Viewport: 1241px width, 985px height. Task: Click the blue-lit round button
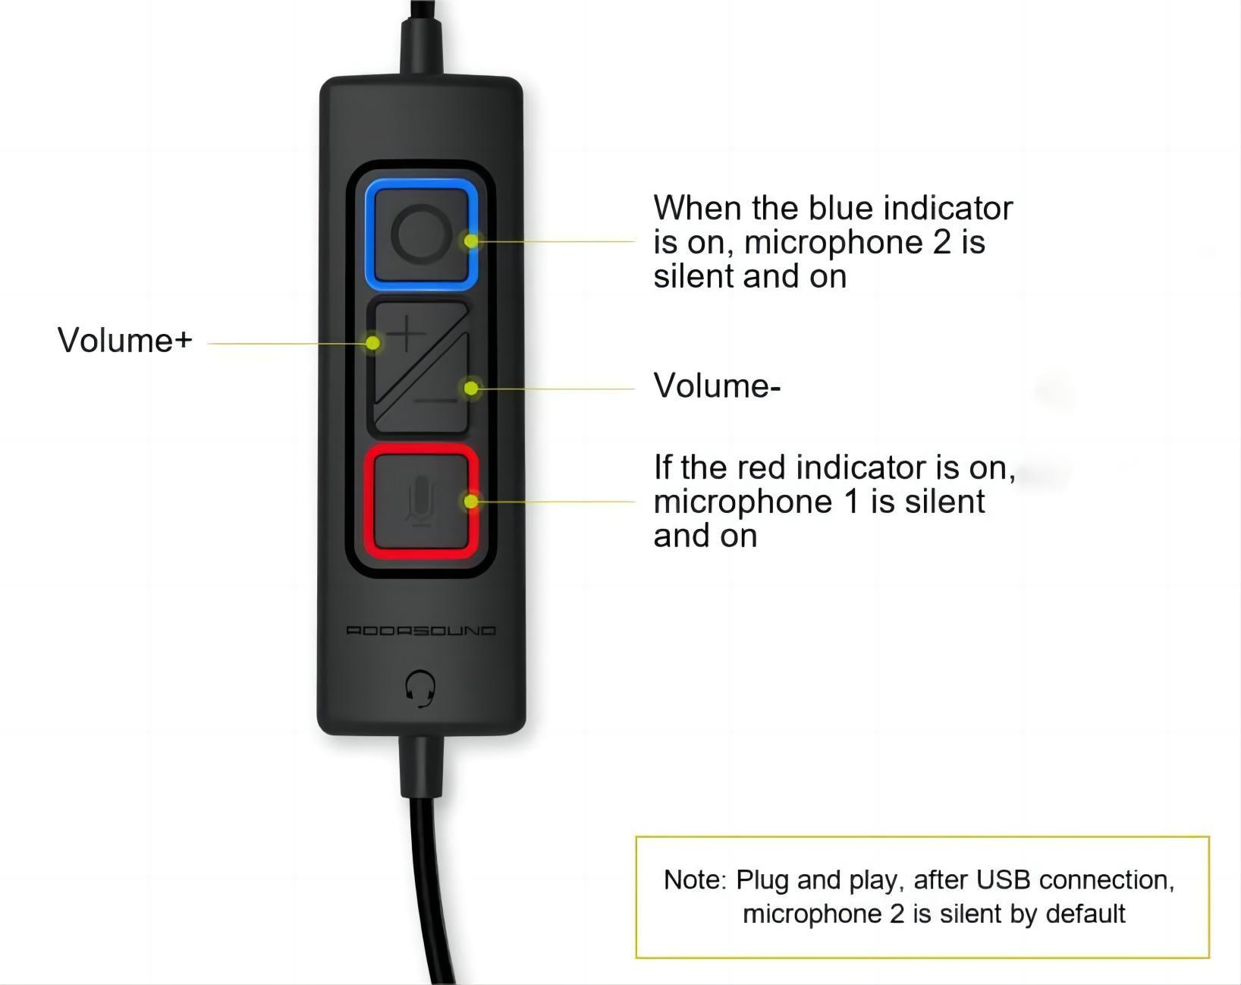[421, 234]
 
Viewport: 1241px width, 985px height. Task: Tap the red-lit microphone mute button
[421, 501]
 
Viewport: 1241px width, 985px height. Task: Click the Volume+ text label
[124, 340]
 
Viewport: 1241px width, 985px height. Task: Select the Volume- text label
[717, 386]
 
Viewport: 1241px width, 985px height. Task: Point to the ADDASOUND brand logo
[421, 630]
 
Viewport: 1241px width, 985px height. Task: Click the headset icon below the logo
[420, 688]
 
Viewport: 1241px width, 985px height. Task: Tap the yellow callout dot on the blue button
[471, 241]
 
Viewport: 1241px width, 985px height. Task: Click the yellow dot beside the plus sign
[373, 343]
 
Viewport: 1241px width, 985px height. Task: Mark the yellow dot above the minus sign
[471, 389]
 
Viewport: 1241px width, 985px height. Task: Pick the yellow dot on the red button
[471, 501]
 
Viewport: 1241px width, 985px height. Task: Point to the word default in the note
[1085, 914]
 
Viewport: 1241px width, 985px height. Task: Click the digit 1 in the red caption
[851, 502]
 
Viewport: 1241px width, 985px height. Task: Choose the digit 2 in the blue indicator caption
[941, 242]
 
